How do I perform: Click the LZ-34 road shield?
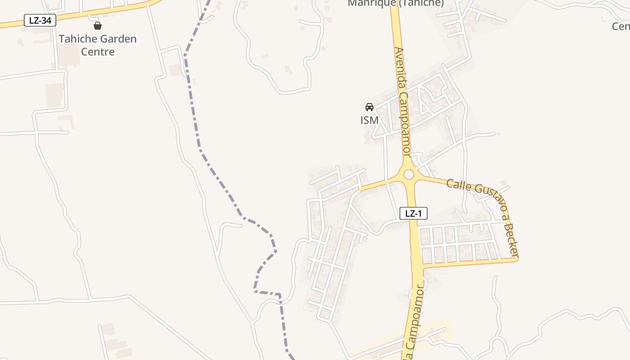(40, 20)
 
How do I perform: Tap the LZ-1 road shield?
(413, 213)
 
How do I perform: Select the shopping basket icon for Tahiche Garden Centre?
(98, 26)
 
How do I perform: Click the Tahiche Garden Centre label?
(98, 45)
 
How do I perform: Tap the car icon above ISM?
(369, 107)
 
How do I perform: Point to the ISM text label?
(369, 120)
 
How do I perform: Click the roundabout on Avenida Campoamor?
(409, 174)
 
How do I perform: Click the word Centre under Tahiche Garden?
(98, 52)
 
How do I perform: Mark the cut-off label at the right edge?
(621, 27)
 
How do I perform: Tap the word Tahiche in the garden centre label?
(75, 39)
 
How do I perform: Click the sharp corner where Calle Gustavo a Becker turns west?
(517, 259)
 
